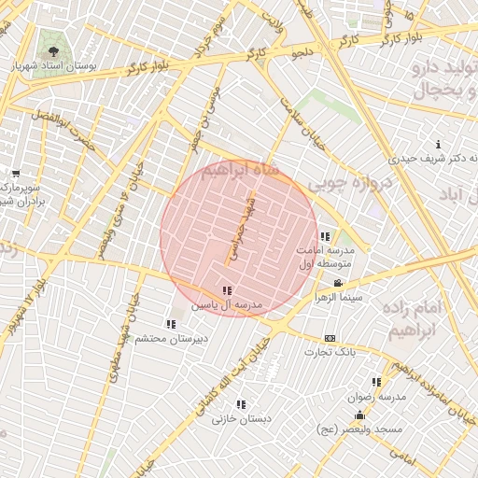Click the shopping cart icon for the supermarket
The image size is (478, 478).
tap(16, 173)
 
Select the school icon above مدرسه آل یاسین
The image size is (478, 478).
tap(228, 290)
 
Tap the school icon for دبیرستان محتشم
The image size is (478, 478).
tap(170, 324)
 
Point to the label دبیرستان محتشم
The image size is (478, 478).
tap(169, 339)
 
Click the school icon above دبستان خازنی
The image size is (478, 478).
tap(241, 404)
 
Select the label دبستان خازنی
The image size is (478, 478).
tap(241, 419)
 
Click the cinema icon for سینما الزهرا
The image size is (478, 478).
tap(338, 283)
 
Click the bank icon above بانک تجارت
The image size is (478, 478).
tap(329, 338)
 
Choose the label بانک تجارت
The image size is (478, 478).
tap(329, 352)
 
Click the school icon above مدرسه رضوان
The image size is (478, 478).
tap(377, 382)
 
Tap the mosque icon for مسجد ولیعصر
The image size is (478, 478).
tap(359, 415)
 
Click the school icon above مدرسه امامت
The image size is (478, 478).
tap(325, 236)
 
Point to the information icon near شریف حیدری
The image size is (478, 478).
tap(439, 144)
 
